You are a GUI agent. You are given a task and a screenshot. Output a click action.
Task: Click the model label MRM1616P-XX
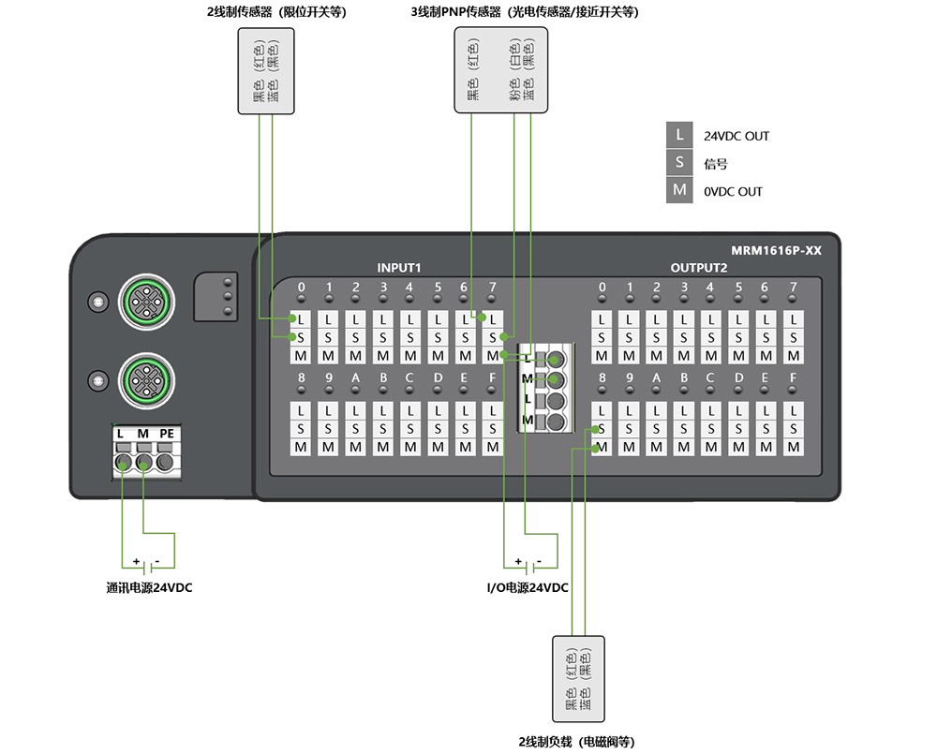[776, 250]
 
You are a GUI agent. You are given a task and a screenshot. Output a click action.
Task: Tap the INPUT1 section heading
[398, 268]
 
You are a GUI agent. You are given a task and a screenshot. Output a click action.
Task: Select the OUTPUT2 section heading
[699, 268]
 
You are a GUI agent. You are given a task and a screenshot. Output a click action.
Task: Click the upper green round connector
[146, 302]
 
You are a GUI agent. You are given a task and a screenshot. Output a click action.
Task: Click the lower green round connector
[146, 380]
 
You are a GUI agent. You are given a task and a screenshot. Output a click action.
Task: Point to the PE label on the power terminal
[167, 433]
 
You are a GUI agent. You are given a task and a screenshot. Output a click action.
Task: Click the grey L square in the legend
[679, 135]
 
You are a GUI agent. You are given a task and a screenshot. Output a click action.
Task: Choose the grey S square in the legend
[679, 162]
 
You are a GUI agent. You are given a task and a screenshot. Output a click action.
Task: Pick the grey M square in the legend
[679, 190]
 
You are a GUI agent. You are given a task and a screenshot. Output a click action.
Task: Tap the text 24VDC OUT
[736, 136]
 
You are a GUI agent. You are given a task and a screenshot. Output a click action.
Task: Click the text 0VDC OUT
[733, 192]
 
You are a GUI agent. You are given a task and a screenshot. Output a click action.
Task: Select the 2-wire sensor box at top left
[266, 71]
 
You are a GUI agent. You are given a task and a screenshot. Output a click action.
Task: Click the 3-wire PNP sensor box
[500, 70]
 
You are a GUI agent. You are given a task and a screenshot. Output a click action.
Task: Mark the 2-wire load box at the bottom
[578, 679]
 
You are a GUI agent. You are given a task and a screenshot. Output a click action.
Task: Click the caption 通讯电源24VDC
[149, 588]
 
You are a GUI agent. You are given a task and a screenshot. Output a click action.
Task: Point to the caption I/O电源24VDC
[527, 588]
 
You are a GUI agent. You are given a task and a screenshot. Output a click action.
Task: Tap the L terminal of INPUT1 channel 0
[301, 319]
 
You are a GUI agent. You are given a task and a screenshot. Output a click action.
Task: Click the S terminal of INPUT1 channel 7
[493, 337]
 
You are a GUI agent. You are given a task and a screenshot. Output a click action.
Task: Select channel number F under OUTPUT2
[793, 377]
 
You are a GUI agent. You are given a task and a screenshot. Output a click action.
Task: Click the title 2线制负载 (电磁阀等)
[576, 742]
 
